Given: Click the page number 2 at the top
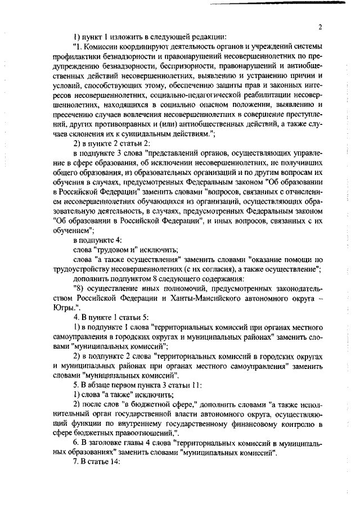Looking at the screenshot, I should (x=319, y=26).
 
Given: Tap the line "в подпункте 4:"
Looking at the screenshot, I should (x=98, y=241).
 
